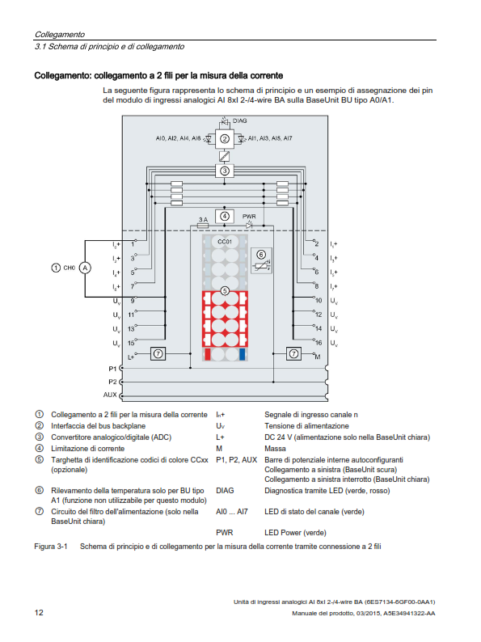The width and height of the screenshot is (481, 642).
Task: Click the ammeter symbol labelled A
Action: coord(85,268)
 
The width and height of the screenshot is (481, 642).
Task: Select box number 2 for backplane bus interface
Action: coord(224,139)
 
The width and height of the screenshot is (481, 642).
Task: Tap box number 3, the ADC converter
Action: coord(224,171)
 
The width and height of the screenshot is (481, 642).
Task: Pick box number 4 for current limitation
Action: coord(224,216)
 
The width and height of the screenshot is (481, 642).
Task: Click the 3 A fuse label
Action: coord(203,219)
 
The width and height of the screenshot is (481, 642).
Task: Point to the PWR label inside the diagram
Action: coord(249,216)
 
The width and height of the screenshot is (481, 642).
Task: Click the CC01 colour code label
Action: coord(224,242)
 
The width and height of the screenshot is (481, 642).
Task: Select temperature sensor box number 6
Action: coord(261,260)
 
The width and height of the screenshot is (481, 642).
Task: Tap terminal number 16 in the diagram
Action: coord(319,342)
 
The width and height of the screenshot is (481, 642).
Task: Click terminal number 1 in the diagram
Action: coord(133,244)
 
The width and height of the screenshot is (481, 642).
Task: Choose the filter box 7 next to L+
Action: coord(158,353)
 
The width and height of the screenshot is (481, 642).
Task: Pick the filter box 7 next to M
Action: coord(293,353)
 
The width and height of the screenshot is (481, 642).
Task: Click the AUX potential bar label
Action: coord(110,395)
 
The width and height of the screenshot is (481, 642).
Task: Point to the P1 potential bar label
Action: coord(112,369)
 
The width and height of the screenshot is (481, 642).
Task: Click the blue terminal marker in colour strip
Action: coord(242,354)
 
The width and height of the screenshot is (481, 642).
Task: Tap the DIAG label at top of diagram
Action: coord(240,120)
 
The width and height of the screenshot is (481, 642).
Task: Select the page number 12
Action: coord(39,613)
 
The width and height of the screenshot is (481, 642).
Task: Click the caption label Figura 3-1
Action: coord(51,547)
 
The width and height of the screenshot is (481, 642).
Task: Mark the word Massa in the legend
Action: coord(275,449)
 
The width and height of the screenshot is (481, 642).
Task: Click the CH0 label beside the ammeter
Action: coord(70,268)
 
